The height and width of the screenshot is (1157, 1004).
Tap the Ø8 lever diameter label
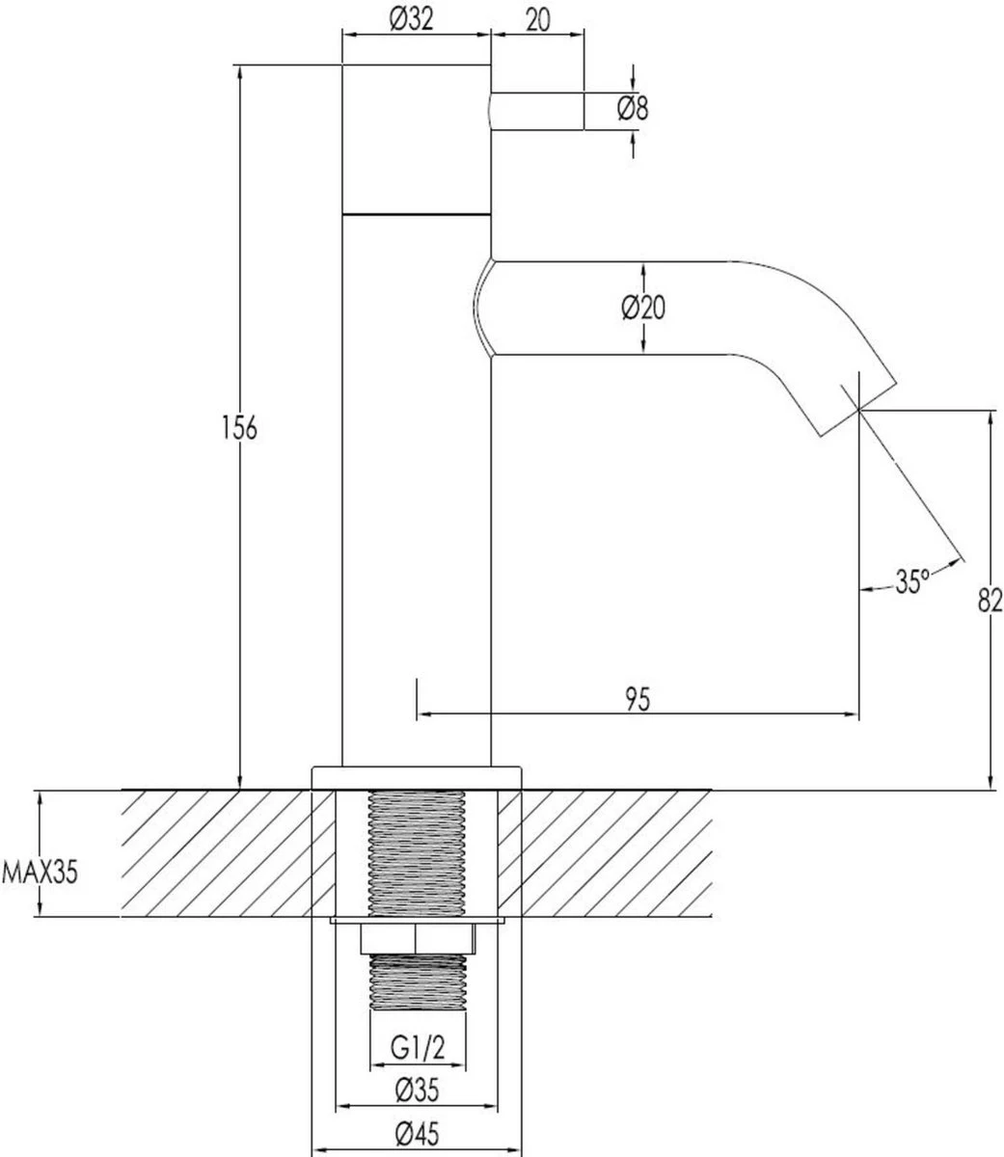(x=633, y=109)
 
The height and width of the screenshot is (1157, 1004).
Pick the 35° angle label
(x=910, y=581)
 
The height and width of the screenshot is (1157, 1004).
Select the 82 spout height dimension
(x=990, y=601)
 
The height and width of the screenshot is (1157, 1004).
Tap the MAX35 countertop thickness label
(x=39, y=874)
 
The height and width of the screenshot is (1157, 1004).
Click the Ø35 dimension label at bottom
(x=417, y=1090)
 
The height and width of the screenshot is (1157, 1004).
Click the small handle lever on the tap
(x=537, y=110)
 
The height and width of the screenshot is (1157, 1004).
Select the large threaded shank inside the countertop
(x=417, y=852)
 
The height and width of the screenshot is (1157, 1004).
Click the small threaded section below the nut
(x=417, y=982)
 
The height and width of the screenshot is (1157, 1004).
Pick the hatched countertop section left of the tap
(x=217, y=852)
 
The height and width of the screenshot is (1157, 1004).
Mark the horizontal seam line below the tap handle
(x=417, y=210)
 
